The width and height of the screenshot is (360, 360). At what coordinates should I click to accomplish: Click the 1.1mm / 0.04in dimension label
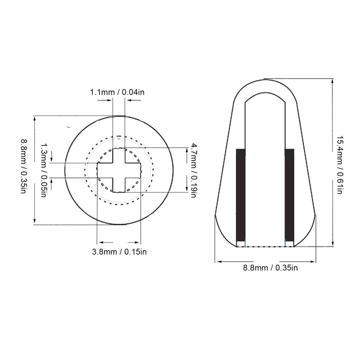[x=117, y=92]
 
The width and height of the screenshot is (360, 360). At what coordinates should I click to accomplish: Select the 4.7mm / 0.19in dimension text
[x=194, y=170]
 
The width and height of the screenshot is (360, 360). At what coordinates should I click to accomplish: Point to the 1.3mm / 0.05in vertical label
[x=44, y=170]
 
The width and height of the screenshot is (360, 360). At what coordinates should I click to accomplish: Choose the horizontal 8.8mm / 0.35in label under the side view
[x=265, y=268]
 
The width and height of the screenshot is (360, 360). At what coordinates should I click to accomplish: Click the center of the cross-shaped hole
[x=120, y=170]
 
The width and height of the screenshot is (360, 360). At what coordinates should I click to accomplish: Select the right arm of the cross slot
[x=135, y=170]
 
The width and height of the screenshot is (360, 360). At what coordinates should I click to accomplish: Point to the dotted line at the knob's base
[x=265, y=246]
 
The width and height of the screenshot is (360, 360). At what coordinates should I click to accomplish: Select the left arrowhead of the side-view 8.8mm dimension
[x=218, y=261]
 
